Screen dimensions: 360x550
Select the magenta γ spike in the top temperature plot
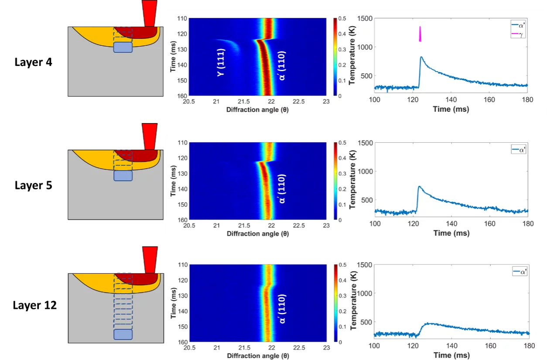click(x=420, y=34)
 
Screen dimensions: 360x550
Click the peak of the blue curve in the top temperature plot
click(x=421, y=57)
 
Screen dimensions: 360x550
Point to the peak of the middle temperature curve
click(x=419, y=187)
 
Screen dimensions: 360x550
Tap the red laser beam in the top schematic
click(x=149, y=13)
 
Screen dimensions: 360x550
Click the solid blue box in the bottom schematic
click(x=123, y=335)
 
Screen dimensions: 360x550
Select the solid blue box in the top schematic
click(x=123, y=47)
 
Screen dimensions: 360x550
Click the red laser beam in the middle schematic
click(x=149, y=137)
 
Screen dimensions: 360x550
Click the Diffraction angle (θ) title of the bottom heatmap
click(x=257, y=356)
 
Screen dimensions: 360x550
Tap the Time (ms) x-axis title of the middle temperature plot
click(x=451, y=233)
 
